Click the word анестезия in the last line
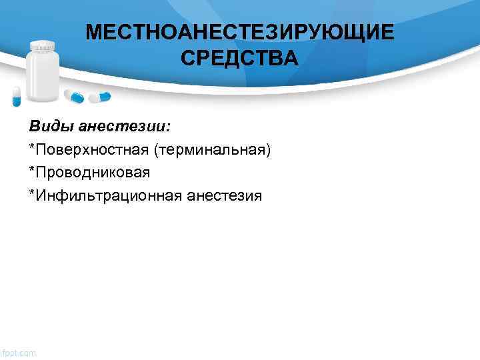click(x=225, y=195)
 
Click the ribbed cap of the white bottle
click(x=43, y=47)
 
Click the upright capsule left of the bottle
click(x=17, y=96)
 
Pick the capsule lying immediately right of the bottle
click(x=75, y=97)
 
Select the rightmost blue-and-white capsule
click(x=101, y=97)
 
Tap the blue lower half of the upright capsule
click(x=17, y=101)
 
